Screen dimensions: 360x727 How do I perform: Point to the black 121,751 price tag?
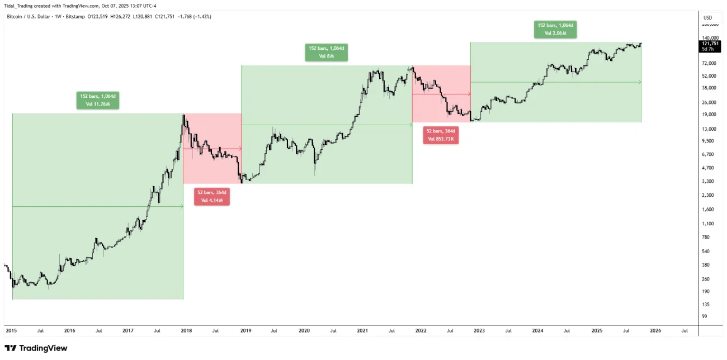pos(710,44)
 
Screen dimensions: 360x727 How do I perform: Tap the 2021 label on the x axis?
pos(362,330)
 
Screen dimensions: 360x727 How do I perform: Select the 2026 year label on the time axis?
pos(655,330)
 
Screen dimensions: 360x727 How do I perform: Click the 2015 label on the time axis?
pos(11,330)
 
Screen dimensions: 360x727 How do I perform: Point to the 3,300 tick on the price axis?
pos(707,182)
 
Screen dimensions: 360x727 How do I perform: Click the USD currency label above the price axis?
pos(707,17)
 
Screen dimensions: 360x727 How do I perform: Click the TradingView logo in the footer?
pos(36,348)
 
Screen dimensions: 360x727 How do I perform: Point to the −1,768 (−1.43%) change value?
pos(193,16)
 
